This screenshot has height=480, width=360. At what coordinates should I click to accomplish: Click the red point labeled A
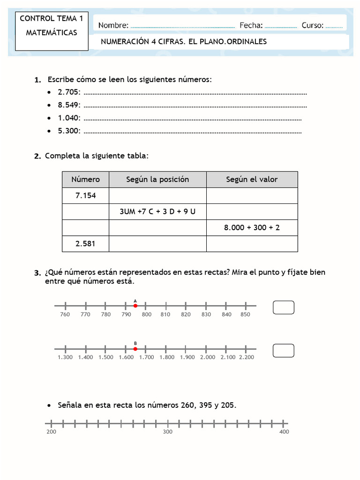point(135,306)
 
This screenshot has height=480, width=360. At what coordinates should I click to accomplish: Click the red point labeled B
point(135,349)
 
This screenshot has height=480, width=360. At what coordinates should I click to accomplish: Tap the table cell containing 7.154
point(85,196)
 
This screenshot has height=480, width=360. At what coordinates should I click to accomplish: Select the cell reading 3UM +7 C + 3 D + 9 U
point(157,212)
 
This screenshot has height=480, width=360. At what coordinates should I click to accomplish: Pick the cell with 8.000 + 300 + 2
point(252,228)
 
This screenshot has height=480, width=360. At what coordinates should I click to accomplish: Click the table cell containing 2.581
point(85,244)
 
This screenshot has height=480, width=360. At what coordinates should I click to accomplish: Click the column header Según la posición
point(157,180)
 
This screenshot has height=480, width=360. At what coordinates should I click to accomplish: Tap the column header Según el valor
point(252,180)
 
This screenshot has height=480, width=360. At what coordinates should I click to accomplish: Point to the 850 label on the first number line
point(246,315)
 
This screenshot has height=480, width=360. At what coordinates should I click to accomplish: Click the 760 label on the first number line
point(65,315)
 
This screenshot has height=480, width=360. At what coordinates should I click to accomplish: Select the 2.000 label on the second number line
point(208,358)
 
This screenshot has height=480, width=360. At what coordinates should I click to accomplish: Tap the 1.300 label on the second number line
point(65,358)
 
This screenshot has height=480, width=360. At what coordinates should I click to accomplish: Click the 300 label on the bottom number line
point(168,432)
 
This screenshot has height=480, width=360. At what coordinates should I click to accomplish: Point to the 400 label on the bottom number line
point(284,432)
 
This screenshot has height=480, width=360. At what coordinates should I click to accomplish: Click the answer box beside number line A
point(284,307)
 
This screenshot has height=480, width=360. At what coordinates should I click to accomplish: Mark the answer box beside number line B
point(284,351)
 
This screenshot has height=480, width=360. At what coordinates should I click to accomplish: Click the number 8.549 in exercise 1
point(69,105)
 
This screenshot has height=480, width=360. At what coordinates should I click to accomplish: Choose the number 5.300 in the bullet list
point(69,131)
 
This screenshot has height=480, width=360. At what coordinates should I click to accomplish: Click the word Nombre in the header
point(113,25)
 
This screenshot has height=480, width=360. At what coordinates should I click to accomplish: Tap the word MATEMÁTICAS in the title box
point(52,33)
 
